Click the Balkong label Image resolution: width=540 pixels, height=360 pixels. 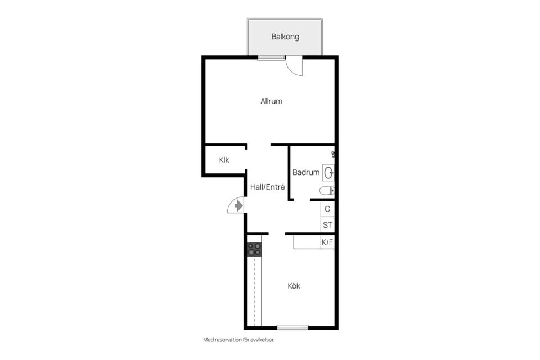click(285, 37)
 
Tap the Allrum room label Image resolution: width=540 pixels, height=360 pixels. click(271, 101)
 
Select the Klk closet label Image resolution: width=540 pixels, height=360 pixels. click(224, 160)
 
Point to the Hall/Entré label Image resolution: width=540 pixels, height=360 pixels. click(268, 187)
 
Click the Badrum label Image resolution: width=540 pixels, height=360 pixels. click(306, 172)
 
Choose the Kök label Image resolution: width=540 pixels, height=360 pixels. click(294, 286)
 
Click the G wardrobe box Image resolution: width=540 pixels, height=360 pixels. click(327, 209)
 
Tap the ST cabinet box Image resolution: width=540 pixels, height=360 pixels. click(327, 225)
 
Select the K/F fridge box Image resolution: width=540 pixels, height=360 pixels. click(327, 242)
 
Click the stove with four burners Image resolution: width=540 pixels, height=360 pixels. click(254, 249)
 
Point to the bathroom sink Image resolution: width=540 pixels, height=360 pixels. click(328, 173)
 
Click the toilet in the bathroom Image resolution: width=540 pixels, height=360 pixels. click(327, 190)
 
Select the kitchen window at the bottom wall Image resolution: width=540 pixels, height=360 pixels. click(292, 327)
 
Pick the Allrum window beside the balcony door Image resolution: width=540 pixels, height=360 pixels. click(271, 58)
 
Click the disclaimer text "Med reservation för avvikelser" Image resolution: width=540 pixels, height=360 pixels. click(239, 340)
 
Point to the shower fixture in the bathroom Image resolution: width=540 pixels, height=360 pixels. click(333, 154)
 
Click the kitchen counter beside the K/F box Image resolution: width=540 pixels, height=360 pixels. click(307, 242)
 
